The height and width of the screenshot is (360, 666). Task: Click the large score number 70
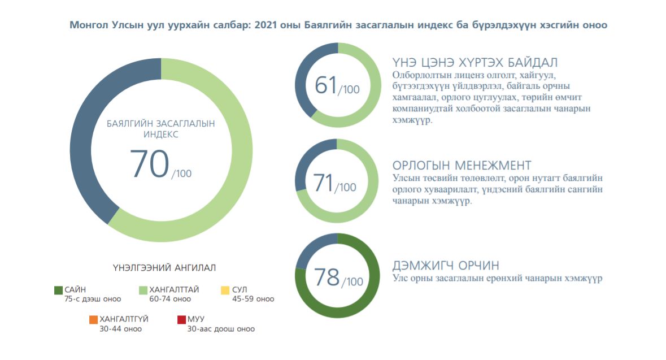[x=150, y=164]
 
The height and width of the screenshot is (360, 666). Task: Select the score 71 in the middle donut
[x=323, y=183]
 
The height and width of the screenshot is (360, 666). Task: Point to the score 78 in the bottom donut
[x=327, y=277]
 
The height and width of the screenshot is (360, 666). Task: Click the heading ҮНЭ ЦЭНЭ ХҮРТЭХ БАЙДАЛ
[x=475, y=62]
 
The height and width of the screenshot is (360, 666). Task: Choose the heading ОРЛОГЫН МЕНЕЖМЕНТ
[x=462, y=165]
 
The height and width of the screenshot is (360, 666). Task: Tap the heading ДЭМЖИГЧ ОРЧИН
[x=446, y=266]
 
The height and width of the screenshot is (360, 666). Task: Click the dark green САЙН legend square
[x=58, y=290]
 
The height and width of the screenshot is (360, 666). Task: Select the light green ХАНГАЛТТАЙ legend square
[x=143, y=290]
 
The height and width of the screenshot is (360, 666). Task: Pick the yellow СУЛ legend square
[x=225, y=290]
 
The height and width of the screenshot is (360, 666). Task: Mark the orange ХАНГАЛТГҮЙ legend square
[x=93, y=320]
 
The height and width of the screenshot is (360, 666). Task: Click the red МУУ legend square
[x=181, y=320]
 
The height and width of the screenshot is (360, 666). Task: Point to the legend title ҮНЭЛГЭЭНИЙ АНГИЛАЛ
[x=164, y=267]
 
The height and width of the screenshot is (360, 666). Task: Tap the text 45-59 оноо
[x=253, y=299]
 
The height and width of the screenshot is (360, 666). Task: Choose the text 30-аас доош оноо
[x=221, y=329]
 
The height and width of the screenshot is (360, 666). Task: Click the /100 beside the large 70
[x=182, y=174]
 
